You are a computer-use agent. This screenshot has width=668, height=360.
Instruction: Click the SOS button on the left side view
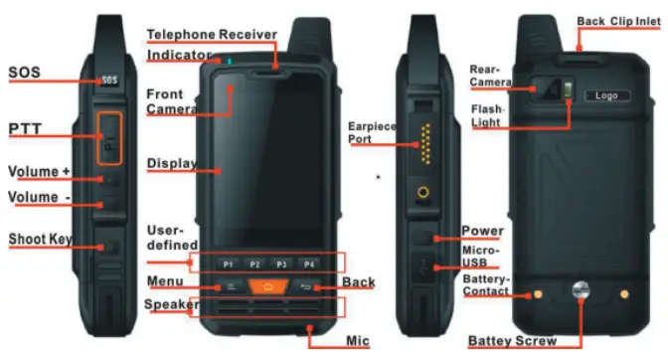click(110, 80)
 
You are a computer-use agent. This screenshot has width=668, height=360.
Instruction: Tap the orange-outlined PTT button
click(109, 135)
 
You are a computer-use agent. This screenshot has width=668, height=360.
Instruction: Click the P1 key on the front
click(228, 265)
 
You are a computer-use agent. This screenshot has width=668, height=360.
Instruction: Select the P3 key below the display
click(281, 265)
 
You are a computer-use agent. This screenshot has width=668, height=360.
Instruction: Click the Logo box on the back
click(606, 95)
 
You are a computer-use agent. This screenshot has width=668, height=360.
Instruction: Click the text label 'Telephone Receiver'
click(211, 35)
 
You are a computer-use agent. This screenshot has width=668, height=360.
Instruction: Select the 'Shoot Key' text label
click(41, 240)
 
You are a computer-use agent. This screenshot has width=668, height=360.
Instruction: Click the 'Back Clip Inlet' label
click(618, 20)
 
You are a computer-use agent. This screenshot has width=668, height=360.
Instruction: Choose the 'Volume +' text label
click(39, 171)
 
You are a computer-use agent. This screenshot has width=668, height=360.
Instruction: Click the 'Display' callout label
click(171, 163)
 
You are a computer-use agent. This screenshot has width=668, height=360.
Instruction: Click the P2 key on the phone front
click(254, 265)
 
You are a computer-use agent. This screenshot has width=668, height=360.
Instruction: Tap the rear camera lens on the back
click(545, 90)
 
